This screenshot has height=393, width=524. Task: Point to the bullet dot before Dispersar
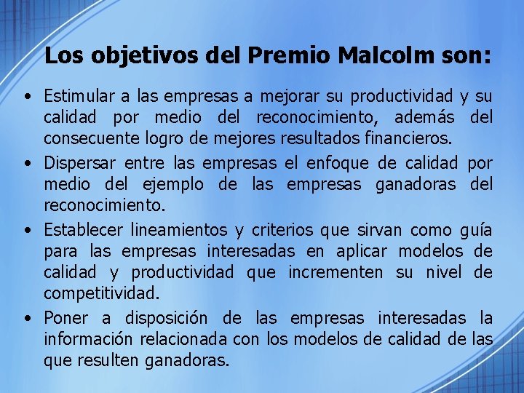click(26, 163)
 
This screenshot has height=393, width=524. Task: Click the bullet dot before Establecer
click(26, 231)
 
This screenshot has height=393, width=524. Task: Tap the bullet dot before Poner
click(26, 319)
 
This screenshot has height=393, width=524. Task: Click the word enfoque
click(348, 162)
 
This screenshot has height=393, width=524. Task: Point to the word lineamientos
click(179, 231)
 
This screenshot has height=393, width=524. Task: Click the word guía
click(477, 231)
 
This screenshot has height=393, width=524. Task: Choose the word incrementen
click(335, 273)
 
